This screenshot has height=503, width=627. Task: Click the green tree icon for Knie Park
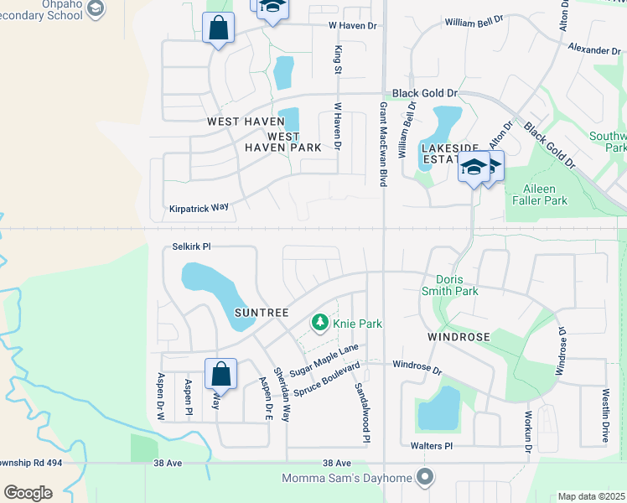click(x=319, y=322)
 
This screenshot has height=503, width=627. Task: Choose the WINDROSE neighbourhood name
click(x=458, y=336)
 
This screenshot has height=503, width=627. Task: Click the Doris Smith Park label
click(x=457, y=285)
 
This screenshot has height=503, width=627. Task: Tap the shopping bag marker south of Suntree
click(x=220, y=373)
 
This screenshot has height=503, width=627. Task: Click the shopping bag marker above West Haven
click(x=218, y=29)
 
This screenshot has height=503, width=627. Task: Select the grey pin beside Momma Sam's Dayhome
click(x=426, y=478)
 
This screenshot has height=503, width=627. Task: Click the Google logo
click(x=28, y=493)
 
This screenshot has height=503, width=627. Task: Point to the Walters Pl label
click(x=431, y=447)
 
